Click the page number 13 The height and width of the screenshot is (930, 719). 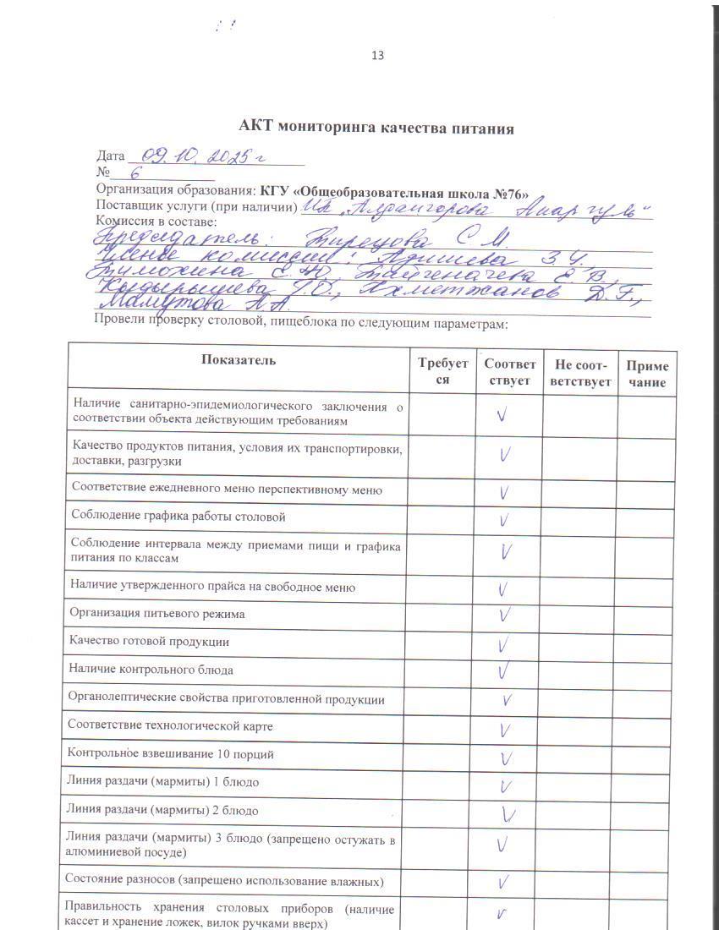377,56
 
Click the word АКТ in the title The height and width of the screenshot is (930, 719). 255,129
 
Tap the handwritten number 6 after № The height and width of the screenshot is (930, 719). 135,174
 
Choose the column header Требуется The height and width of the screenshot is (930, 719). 442,371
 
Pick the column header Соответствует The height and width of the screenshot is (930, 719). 509,372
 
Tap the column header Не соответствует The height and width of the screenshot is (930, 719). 579,373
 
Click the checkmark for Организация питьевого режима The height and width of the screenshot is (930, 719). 504,615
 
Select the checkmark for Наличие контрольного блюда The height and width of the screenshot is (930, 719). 504,671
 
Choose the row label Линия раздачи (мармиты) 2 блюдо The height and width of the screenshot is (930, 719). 162,810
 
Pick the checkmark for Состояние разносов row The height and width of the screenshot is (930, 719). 504,883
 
